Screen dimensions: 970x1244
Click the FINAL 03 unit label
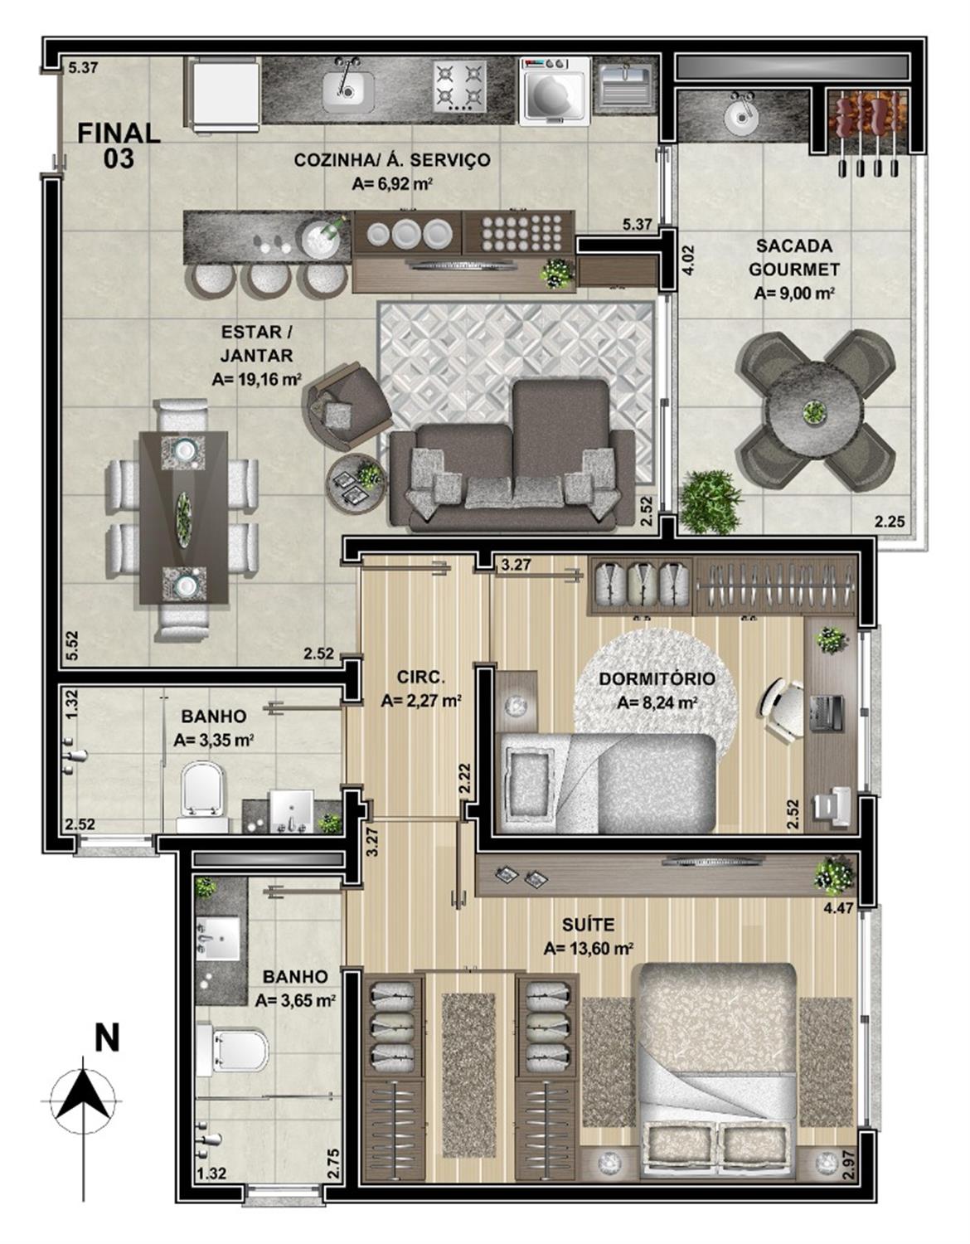[119, 145]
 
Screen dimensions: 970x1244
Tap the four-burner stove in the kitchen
[459, 86]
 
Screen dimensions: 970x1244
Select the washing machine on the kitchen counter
[554, 90]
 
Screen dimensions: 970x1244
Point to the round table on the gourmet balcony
[814, 411]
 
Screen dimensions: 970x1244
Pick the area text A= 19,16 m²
[257, 379]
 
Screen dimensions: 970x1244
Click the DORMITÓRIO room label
[657, 679]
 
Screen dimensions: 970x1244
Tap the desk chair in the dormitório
[781, 711]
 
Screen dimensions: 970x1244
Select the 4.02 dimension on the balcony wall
[689, 260]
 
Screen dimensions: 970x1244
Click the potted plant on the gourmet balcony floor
[710, 501]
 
